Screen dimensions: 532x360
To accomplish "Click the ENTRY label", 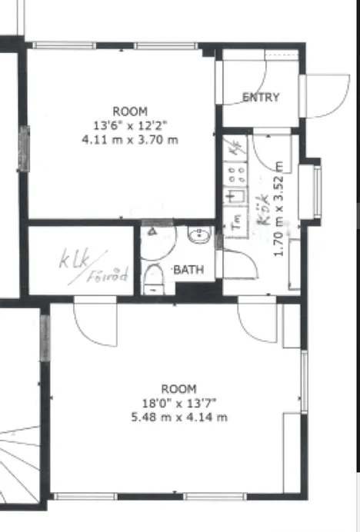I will click(x=261, y=98).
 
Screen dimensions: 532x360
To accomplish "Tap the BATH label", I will click(x=188, y=270).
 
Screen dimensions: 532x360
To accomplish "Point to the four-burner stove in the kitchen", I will click(x=235, y=173).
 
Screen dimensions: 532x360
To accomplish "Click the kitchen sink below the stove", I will click(x=234, y=196).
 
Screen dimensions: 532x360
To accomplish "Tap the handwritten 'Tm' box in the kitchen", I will click(x=236, y=221).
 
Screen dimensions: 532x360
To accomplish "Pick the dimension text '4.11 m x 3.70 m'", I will click(x=129, y=140).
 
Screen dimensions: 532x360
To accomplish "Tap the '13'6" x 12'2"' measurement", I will click(x=129, y=125).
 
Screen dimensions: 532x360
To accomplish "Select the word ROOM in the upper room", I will click(x=129, y=111).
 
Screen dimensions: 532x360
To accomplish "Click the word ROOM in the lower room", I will click(x=178, y=389).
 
